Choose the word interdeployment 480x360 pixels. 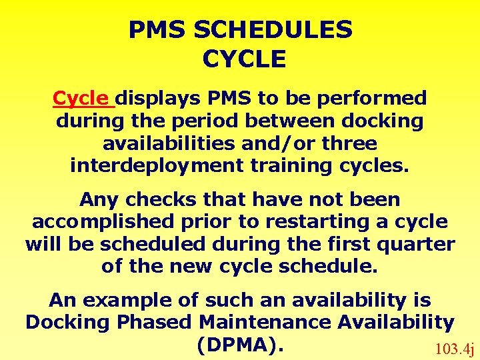tap(156, 166)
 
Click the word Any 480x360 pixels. tap(99, 199)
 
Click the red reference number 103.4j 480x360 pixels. tap(454, 349)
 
